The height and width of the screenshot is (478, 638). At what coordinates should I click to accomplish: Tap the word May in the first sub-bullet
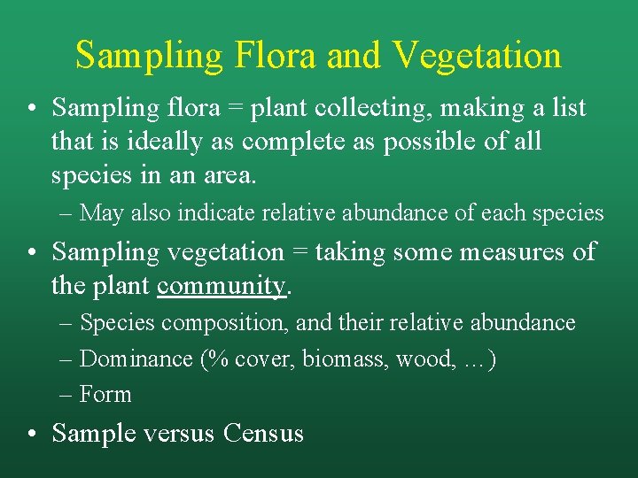point(102,213)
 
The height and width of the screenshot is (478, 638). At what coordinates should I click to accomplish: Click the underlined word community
point(221,286)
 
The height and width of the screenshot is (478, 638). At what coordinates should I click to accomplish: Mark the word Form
point(105,394)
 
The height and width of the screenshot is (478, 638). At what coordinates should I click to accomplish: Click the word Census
point(263,434)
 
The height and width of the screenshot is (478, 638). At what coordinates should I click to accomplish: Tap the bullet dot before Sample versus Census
point(31,434)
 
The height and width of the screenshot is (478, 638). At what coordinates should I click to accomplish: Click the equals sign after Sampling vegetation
point(299,253)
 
